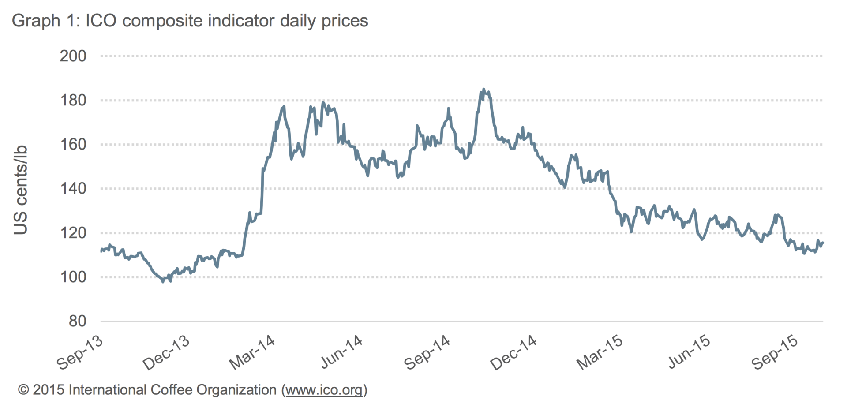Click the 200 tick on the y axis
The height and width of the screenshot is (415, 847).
tap(73, 56)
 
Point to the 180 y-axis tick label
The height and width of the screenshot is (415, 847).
tap(73, 100)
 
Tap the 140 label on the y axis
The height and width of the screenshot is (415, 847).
tap(73, 188)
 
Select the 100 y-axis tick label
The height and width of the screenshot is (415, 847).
tap(73, 277)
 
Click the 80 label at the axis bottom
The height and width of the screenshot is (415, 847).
tap(78, 321)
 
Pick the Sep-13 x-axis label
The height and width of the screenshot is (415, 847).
tap(80, 352)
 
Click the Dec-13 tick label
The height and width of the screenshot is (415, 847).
tap(167, 352)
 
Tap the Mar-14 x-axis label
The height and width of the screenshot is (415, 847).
tap(253, 352)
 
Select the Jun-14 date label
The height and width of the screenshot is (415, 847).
tap(342, 352)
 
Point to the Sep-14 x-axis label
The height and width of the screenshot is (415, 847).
tap(427, 352)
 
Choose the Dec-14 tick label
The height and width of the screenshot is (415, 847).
tap(514, 352)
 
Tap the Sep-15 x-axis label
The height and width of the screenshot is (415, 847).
tap(775, 352)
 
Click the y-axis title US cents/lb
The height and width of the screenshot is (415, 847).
tap(21, 190)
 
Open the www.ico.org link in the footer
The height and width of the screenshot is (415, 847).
tap(324, 390)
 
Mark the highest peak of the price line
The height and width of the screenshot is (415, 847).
tap(483, 90)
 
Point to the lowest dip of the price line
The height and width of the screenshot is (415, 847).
tap(163, 281)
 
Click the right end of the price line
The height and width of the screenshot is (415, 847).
tap(823, 243)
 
